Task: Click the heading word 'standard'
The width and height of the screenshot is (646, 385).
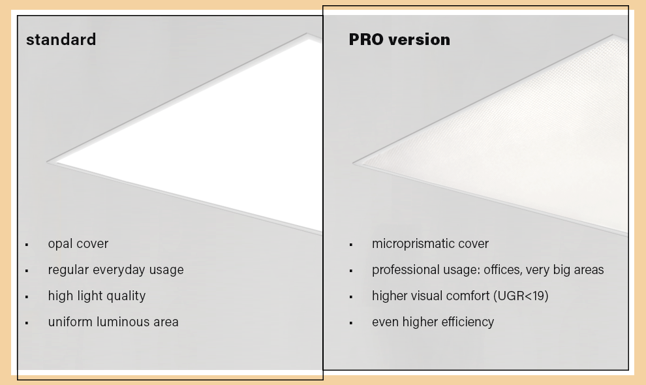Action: click(61, 40)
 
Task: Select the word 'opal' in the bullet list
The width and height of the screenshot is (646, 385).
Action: click(60, 244)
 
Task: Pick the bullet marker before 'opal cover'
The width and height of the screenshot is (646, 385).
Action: click(27, 245)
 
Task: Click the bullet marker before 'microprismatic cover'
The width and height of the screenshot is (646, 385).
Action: click(351, 245)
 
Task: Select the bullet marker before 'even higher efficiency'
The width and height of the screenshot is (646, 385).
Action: click(351, 323)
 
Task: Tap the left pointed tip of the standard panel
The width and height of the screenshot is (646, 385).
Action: click(46, 162)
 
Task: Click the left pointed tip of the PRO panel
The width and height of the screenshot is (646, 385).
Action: click(352, 163)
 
